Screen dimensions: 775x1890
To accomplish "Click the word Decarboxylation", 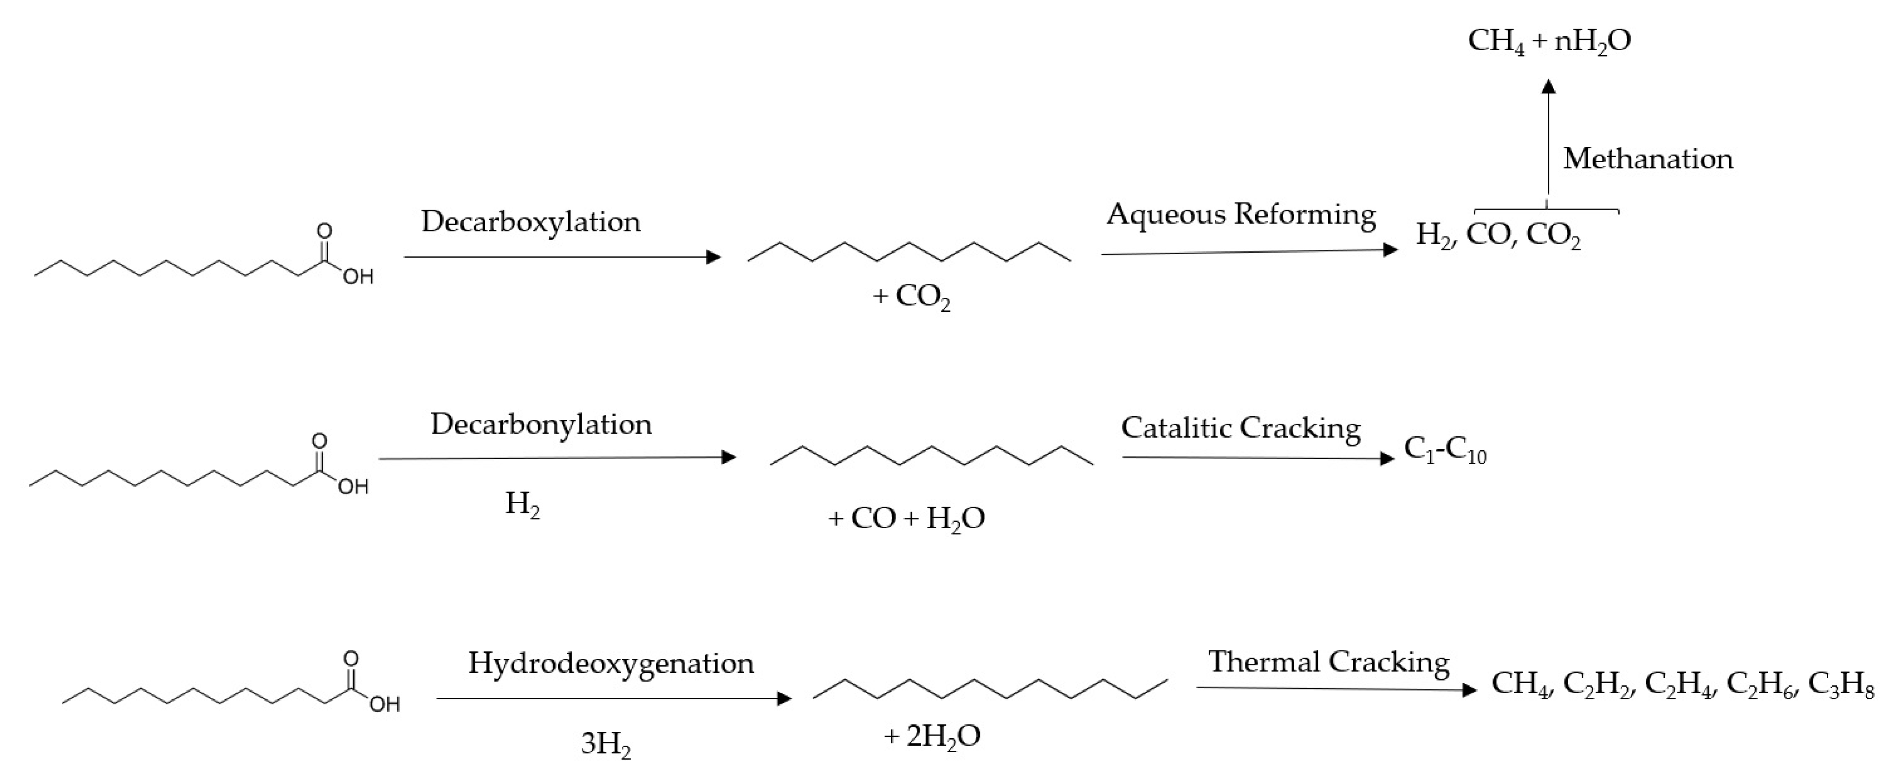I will [530, 222].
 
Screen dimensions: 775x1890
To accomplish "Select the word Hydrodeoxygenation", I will [611, 663].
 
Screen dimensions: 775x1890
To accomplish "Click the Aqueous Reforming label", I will [1241, 214].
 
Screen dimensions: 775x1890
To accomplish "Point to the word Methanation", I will [1647, 159].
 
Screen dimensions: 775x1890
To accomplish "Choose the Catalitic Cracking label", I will [1241, 428].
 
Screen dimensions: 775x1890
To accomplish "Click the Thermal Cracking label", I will [1329, 662].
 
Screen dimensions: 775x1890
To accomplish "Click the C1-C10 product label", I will [1445, 451].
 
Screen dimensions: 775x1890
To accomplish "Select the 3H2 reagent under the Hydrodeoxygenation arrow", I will [605, 744].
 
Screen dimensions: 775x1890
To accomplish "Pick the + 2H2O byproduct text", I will [932, 736].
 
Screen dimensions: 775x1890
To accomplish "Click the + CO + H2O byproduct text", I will [906, 519].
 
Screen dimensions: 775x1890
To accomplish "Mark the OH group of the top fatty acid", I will [358, 277].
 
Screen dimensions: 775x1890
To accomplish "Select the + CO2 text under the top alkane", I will [911, 297].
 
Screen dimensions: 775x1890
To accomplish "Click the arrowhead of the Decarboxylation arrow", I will [713, 257].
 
